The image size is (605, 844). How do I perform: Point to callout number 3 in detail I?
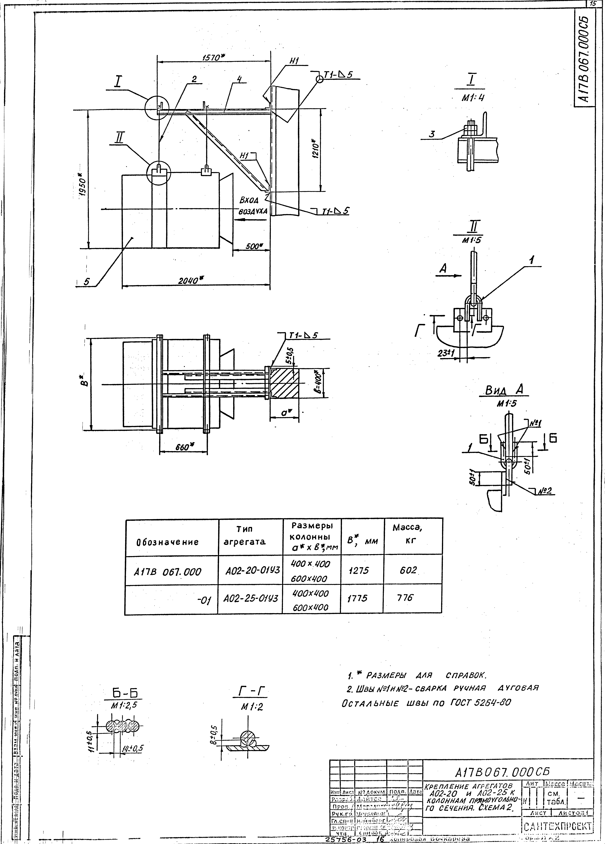[432, 135]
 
